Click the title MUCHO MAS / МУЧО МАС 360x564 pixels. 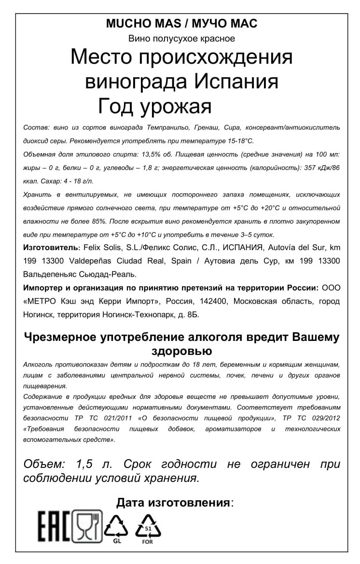[181, 24]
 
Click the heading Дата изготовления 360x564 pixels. [173, 502]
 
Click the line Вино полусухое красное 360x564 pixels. [181, 38]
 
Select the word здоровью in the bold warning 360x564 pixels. [181, 349]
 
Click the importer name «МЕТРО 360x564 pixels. [42, 302]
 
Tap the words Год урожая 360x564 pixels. [155, 106]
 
